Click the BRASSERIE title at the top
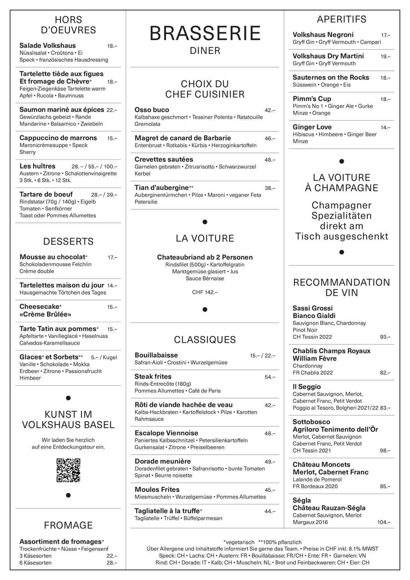(x=205, y=34)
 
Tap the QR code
(x=68, y=470)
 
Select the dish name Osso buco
(x=152, y=110)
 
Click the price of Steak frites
(x=270, y=377)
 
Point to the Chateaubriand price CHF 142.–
(x=205, y=292)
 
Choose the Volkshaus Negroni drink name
(x=323, y=35)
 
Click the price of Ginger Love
(x=385, y=127)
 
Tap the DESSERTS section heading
(x=68, y=241)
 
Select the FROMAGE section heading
(x=68, y=525)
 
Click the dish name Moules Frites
(x=157, y=489)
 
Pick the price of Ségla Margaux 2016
(x=384, y=522)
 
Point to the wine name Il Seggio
(x=307, y=387)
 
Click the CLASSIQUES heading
(x=205, y=340)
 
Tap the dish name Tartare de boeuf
(x=46, y=194)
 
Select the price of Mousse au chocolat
(x=112, y=257)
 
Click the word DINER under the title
(x=205, y=51)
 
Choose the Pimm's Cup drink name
(x=312, y=99)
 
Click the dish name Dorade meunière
(x=162, y=461)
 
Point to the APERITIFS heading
(x=342, y=19)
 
